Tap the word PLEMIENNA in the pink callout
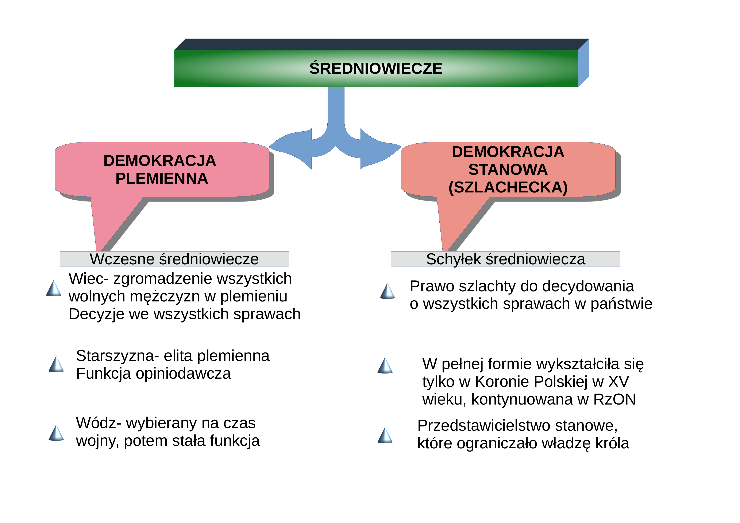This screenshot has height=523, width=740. click(x=162, y=178)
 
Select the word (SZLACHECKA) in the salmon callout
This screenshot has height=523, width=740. click(x=508, y=187)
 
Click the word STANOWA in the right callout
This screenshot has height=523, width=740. click(x=508, y=169)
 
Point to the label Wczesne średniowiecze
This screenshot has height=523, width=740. click(x=174, y=259)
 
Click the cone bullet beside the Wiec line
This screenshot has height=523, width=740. click(x=54, y=288)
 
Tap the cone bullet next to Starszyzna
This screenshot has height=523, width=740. click(x=56, y=364)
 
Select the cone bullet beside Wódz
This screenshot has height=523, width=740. click(x=56, y=433)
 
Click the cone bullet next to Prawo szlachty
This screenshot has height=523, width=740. click(x=388, y=291)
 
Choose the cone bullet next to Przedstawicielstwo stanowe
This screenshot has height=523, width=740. click(x=385, y=435)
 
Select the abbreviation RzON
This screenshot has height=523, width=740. click(x=614, y=399)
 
